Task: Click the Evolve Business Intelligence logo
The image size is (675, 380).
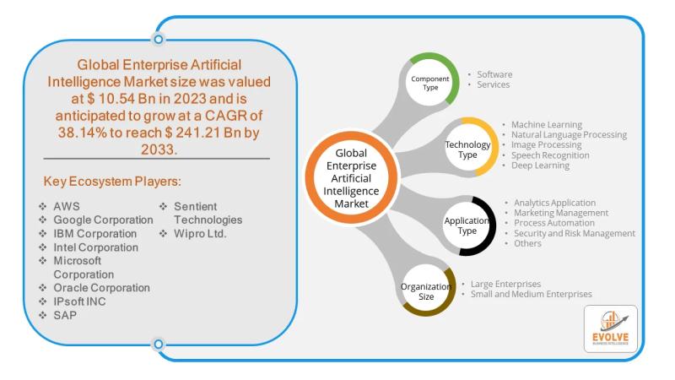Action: (x=610, y=328)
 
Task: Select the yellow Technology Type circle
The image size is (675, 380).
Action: (x=467, y=145)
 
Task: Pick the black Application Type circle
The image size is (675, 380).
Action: (x=467, y=225)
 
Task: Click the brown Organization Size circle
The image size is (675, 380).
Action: (x=428, y=290)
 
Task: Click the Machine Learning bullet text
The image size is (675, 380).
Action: (x=547, y=125)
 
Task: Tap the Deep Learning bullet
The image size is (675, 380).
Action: (x=540, y=166)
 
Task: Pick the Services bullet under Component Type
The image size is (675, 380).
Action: (x=493, y=85)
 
